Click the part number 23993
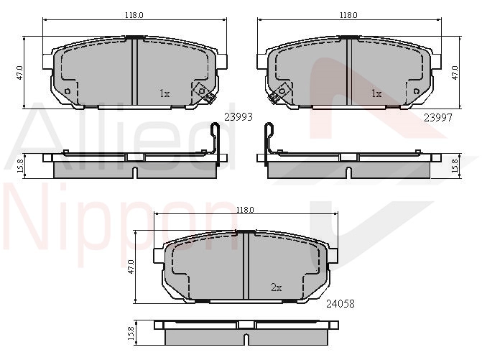(238, 117)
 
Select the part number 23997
(438, 117)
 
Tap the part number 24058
(340, 304)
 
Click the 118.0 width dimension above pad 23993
(134, 15)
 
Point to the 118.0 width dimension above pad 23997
(348, 15)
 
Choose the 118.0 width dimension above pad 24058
(245, 210)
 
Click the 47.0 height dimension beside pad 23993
(19, 73)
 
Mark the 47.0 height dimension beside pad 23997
(455, 73)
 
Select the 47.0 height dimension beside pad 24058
(131, 267)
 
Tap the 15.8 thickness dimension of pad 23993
(21, 166)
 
